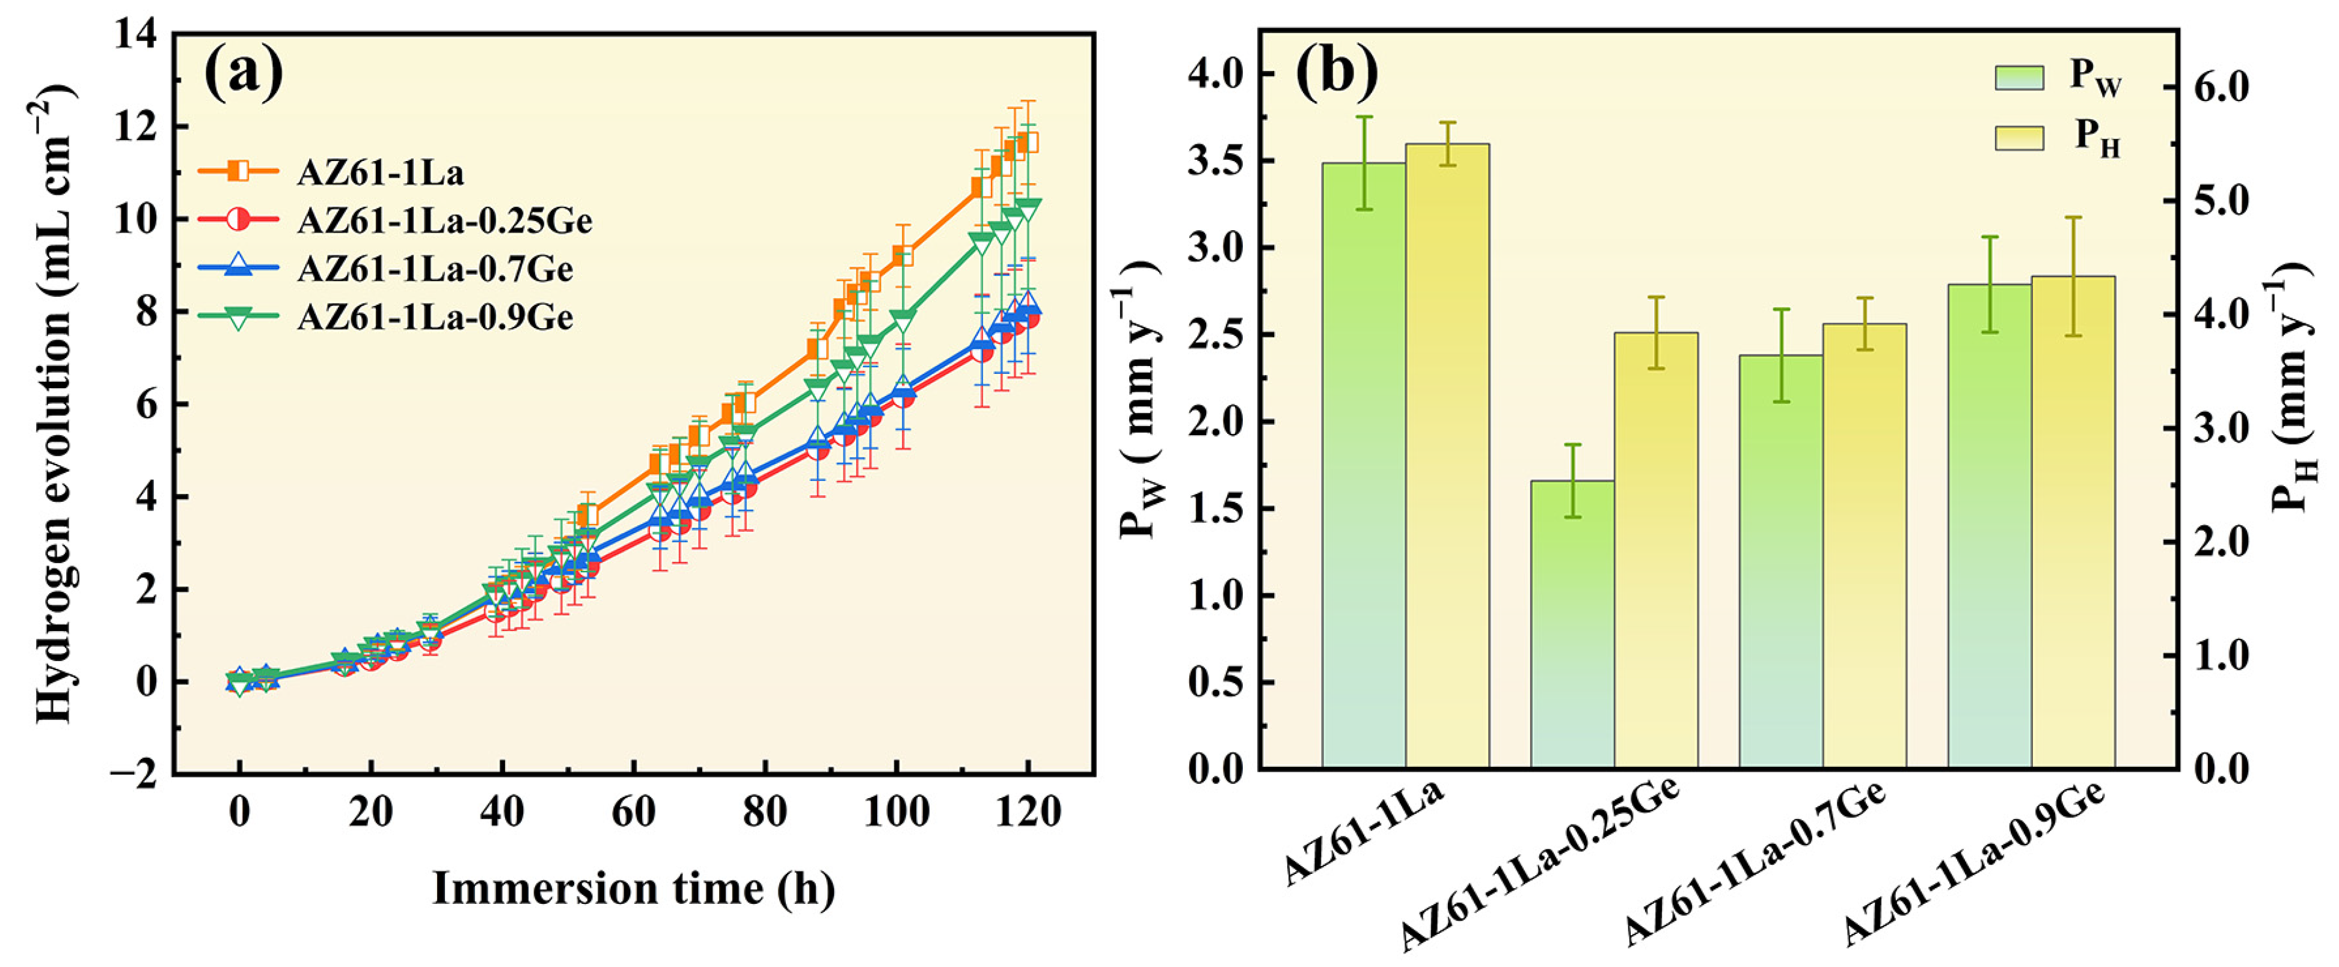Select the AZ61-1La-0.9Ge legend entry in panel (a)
pyautogui.click(x=387, y=317)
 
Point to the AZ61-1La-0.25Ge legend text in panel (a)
pyautogui.click(x=445, y=221)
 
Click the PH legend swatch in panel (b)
pyautogui.click(x=2019, y=138)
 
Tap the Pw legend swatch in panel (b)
pyautogui.click(x=2019, y=78)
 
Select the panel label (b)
pyautogui.click(x=1337, y=69)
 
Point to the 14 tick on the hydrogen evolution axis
pyautogui.click(x=137, y=34)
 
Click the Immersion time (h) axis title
pyautogui.click(x=634, y=888)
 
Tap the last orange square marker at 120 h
pyautogui.click(x=1027, y=142)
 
